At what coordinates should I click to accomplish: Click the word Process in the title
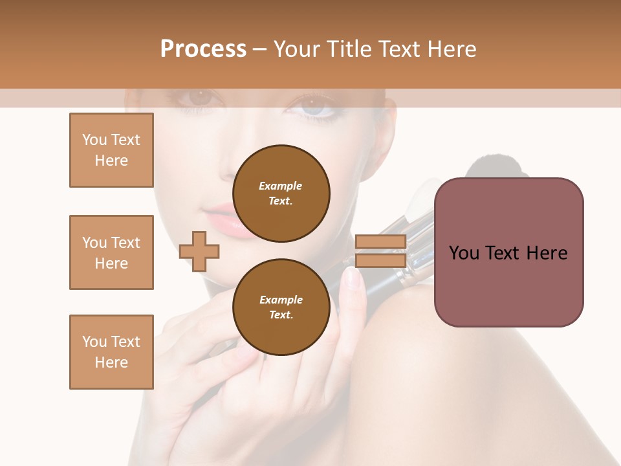[203, 49]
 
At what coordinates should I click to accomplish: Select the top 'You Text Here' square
[111, 150]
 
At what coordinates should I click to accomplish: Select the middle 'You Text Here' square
[111, 252]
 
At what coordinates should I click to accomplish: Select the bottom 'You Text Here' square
[111, 352]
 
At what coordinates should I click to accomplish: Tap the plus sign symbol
[199, 252]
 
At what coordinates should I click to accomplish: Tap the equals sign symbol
[380, 252]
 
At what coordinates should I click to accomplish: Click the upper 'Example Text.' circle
[281, 194]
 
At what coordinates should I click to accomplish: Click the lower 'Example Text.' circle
[281, 307]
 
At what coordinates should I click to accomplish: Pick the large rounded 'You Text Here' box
[508, 252]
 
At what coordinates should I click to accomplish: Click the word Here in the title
[449, 49]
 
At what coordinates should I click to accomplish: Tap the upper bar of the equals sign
[380, 242]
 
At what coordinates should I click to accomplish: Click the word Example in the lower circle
[281, 300]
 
